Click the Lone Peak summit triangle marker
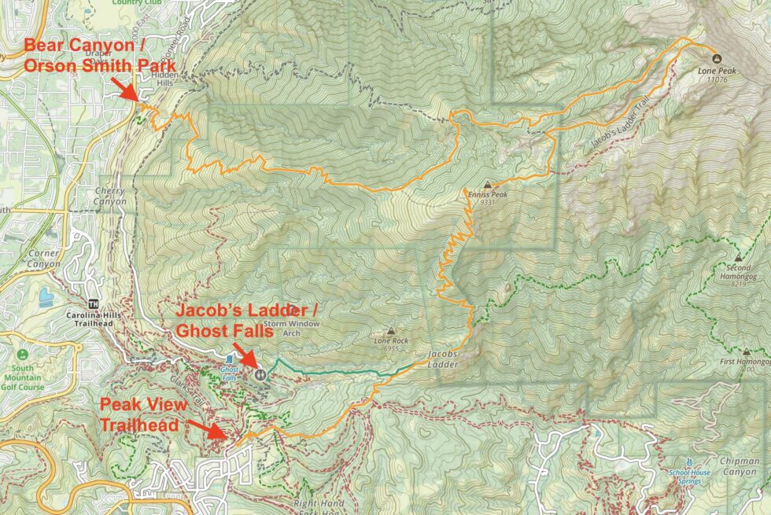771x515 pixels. click(x=715, y=57)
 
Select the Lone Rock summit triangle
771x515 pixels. click(x=391, y=331)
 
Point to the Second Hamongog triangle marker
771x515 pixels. click(x=738, y=257)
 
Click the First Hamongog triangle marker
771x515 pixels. click(x=746, y=351)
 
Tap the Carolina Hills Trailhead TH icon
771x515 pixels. click(x=95, y=304)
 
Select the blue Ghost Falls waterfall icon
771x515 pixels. click(x=229, y=359)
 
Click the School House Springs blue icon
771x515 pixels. click(x=688, y=462)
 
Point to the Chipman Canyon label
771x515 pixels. click(x=739, y=466)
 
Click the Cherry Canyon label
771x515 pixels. click(x=109, y=196)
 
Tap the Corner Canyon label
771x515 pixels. click(x=42, y=259)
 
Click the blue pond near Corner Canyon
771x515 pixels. click(x=44, y=297)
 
